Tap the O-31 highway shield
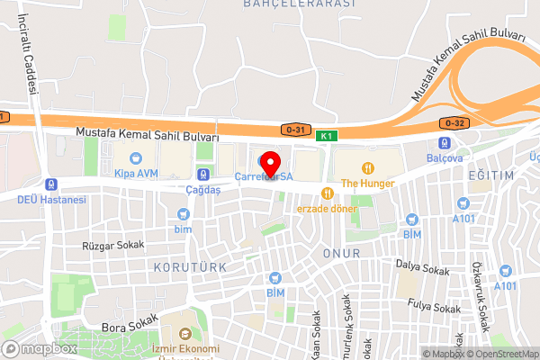tap(292, 130)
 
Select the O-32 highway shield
tap(454, 121)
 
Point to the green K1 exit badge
tap(326, 135)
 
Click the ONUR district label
tap(342, 254)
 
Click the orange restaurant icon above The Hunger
tap(368, 167)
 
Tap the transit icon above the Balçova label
tap(444, 143)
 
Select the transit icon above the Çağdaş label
tap(204, 175)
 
